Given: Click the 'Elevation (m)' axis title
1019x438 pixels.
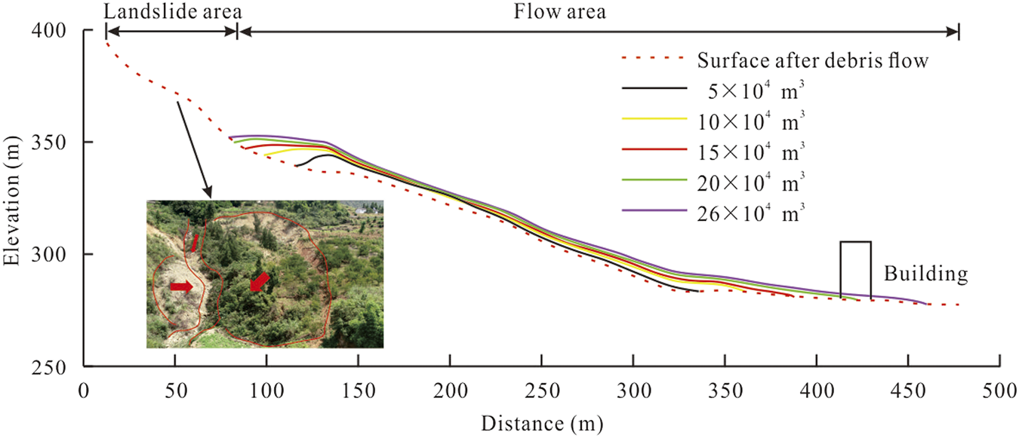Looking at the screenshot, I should [13, 198].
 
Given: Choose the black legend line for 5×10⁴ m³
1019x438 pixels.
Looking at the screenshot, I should [654, 89].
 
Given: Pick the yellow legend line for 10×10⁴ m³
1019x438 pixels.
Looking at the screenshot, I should [654, 119].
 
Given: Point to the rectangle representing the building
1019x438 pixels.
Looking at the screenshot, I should [856, 270].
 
